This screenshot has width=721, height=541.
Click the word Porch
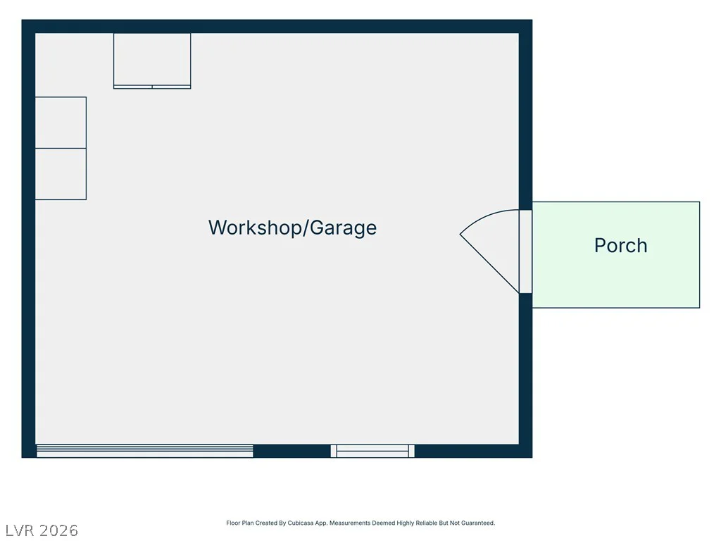pos(621,245)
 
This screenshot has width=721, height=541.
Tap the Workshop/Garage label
pos(292,228)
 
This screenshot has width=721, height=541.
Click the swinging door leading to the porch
pos(490,263)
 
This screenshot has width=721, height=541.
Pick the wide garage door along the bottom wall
pos(145,451)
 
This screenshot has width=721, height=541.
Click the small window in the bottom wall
pos(372,451)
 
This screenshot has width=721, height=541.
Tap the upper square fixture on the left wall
pos(61,123)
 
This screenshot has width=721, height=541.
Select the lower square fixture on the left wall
pos(61,174)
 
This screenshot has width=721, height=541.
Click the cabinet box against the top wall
pos(152,61)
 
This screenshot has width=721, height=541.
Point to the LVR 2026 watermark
pos(42,530)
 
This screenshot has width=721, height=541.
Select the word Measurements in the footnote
pos(350,523)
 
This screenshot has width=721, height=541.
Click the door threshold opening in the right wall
pos(525,251)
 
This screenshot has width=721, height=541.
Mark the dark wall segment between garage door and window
pos(292,451)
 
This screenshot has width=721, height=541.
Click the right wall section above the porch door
pos(525,115)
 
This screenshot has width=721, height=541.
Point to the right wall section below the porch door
pos(525,375)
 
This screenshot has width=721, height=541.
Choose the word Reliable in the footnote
pos(425,523)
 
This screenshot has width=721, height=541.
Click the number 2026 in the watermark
pos(59,530)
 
